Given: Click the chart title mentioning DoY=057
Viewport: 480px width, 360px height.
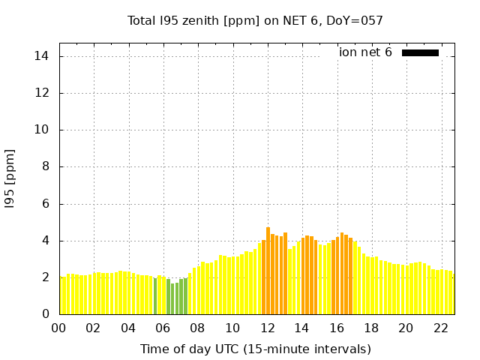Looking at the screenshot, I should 255,21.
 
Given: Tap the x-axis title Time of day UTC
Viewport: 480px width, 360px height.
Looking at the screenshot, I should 255,349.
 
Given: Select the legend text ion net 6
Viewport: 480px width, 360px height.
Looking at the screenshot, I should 365,52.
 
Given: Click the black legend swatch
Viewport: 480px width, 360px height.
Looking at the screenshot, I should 420,52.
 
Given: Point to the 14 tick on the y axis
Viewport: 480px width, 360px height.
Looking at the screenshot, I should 42,56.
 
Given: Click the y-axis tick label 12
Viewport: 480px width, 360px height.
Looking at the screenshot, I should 42,93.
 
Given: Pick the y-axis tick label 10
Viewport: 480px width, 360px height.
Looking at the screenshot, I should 42,130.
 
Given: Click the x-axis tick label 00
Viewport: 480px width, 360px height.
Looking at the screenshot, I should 58,328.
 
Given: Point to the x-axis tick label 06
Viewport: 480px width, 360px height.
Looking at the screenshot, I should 163,328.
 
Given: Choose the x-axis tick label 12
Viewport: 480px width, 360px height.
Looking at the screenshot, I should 267,328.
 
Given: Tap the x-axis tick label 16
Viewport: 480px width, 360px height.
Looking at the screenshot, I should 337,328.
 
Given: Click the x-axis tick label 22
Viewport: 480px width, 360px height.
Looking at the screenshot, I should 441,328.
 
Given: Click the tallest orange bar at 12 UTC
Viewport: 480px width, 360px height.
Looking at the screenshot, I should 268,271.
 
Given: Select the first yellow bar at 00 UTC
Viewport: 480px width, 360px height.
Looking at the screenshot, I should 62,295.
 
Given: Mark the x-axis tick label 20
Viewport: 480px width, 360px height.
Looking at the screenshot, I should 406,328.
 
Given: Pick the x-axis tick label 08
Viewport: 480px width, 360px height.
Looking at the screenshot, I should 197,328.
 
